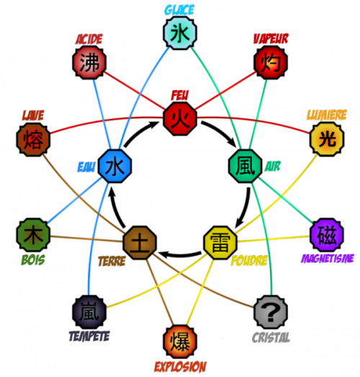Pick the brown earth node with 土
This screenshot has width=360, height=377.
(x=140, y=243)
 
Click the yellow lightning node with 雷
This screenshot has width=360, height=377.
(x=220, y=243)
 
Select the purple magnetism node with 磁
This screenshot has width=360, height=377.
(x=325, y=234)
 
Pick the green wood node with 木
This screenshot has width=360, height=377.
(x=32, y=235)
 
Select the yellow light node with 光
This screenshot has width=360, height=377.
(x=325, y=138)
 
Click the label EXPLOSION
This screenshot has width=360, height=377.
(x=179, y=366)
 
